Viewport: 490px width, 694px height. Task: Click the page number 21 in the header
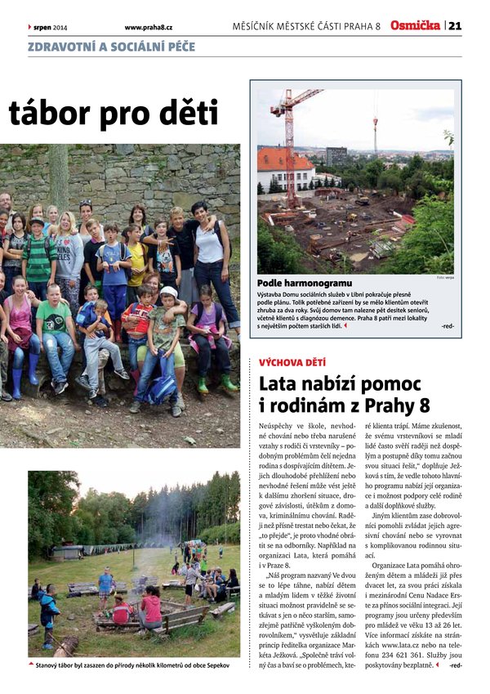455,26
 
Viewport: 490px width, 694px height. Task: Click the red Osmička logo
415,25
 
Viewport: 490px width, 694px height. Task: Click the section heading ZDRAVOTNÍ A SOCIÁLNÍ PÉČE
112,47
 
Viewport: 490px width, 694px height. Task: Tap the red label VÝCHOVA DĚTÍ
292,360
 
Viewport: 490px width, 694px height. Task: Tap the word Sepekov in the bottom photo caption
215,665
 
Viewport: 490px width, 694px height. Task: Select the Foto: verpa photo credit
445,278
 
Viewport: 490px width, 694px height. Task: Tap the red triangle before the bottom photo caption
31,665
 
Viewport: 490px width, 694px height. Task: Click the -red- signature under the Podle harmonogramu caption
447,326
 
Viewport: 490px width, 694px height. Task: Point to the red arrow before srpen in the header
29,27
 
